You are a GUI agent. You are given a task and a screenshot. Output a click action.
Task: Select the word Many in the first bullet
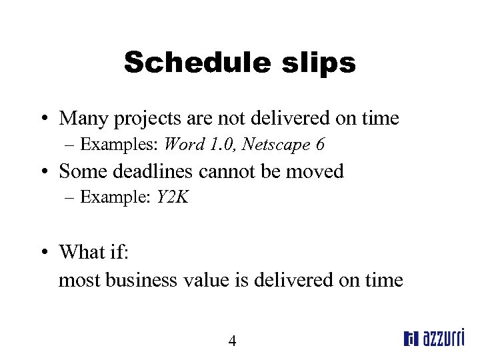pos(82,119)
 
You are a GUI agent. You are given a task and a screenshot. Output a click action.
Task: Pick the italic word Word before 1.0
pos(180,143)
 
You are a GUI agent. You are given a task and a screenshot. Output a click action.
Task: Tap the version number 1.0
pos(215,143)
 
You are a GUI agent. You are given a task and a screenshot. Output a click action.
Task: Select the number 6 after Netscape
pos(321,143)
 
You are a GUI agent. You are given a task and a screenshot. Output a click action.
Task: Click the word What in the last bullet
pos(81,252)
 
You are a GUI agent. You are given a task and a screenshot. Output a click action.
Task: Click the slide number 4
pos(232,341)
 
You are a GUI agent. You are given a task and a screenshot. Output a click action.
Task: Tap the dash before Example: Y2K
pos(70,197)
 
